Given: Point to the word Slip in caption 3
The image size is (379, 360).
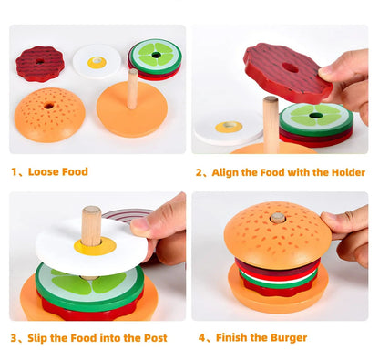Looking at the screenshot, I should (41, 337).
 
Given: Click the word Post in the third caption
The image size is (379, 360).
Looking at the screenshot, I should (152, 337).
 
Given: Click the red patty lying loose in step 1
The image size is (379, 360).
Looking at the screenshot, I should (40, 64).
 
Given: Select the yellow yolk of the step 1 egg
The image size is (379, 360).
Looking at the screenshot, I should (97, 62).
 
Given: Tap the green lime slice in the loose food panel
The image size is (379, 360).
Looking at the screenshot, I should (156, 56).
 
